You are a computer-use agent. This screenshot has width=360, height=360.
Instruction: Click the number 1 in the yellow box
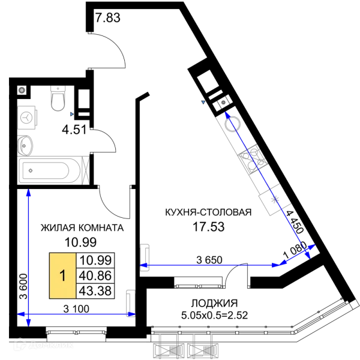coord(62,276)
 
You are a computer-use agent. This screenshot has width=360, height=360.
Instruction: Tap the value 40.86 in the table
coord(96,276)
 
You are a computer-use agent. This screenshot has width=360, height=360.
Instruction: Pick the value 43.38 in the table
coord(96,292)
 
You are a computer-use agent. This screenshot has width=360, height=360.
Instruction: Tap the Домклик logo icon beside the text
coord(19,344)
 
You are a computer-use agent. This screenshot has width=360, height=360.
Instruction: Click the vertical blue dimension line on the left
coord(28,258)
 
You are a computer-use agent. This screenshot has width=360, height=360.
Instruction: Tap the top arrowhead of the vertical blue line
coord(28,194)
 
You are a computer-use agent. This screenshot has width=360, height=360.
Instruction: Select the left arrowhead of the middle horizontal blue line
coord(144,265)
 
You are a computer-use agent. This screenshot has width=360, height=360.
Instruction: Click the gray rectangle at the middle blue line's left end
coord(146,257)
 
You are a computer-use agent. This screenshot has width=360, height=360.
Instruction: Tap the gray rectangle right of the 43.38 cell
coord(130,304)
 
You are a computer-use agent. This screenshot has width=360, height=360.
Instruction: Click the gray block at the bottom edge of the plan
coord(185,347)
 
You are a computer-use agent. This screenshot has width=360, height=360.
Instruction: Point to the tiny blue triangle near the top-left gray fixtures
coord(71,113)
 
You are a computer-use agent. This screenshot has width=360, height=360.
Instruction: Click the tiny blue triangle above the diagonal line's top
coord(205,102)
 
